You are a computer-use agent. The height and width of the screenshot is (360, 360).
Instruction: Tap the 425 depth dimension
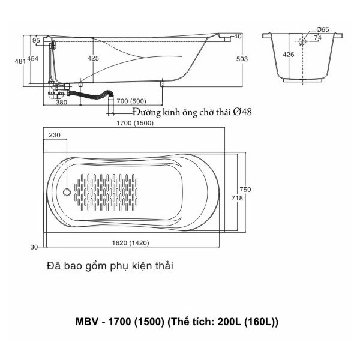pos(93,58)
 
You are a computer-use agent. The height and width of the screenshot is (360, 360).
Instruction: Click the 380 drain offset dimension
pos(61,102)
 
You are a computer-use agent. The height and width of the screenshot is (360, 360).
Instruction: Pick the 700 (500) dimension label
pos(132,100)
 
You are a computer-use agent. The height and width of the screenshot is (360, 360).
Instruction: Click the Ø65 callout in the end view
pos(322,29)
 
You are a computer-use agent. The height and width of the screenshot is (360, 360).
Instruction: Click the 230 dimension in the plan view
pos(55,135)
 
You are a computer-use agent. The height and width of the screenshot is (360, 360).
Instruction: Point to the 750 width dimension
pos(245,190)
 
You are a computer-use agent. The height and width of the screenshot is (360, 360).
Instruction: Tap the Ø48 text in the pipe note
pos(242,112)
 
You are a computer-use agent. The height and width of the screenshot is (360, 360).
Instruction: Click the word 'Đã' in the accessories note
pos(52,265)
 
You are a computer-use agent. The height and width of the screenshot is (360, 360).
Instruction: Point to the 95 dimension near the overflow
pos(37,40)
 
